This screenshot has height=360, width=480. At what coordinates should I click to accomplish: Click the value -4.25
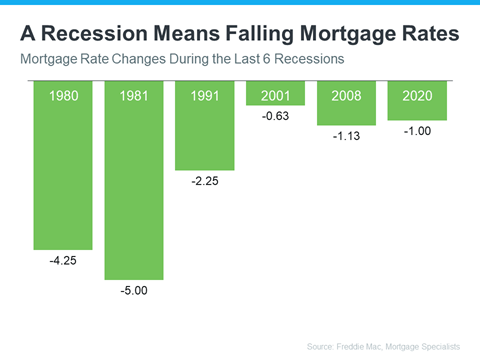coord(63,263)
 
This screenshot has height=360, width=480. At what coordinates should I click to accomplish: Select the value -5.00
coord(134,293)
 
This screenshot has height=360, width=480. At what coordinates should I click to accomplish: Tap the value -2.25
coord(205,183)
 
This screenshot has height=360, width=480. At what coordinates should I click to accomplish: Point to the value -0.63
coord(275,118)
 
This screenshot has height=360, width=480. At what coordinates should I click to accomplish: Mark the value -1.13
coord(346,138)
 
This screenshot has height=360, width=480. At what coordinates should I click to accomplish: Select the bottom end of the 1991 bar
coord(205,168)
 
